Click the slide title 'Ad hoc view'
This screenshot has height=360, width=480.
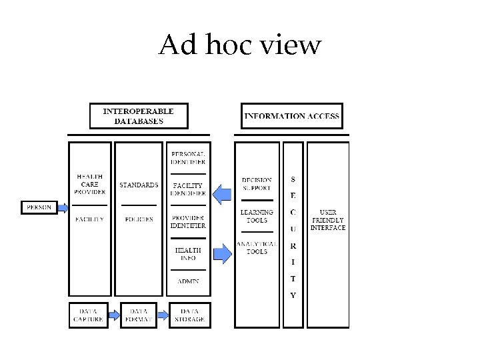(x=240, y=45)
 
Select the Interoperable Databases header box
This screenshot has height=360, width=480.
(x=139, y=116)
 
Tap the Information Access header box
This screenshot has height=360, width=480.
(x=291, y=116)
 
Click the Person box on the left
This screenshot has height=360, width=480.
(x=39, y=207)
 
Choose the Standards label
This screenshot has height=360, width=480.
(x=139, y=185)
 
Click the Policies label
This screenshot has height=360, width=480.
(x=139, y=219)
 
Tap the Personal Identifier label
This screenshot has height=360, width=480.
(x=188, y=158)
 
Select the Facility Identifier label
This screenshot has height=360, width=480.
(x=188, y=189)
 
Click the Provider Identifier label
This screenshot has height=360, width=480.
(x=188, y=222)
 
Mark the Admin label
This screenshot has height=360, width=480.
(x=188, y=281)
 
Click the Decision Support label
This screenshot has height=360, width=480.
(x=257, y=184)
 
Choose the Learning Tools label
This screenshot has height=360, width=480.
(x=257, y=216)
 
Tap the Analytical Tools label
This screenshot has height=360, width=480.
(x=257, y=247)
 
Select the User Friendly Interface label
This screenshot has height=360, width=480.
(x=328, y=220)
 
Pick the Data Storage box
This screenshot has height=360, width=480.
(x=189, y=315)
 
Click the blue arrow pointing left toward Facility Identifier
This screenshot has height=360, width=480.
(x=222, y=194)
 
